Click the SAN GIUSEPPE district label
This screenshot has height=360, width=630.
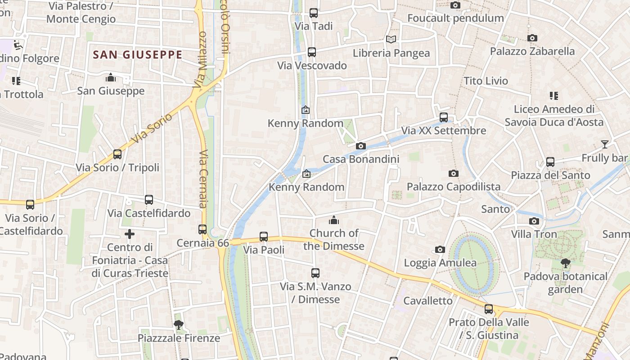pos(137,55)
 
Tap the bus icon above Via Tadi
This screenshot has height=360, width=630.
pos(314,13)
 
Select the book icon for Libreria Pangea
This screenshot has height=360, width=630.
pos(391,40)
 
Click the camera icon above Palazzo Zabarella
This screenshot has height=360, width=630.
pos(532,38)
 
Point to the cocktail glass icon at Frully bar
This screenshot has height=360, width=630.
pos(604,144)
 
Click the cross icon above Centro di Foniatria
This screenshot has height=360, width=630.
pos(130,234)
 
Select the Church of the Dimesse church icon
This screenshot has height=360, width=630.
pos(333,220)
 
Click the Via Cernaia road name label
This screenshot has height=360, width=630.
pos(202,179)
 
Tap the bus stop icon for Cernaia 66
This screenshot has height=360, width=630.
pos(202,229)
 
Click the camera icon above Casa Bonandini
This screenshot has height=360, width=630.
pos(360,146)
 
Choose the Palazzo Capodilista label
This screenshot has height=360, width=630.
pos(453,186)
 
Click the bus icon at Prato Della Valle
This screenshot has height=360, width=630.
pos(489,309)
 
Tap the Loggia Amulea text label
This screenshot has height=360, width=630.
pos(440,263)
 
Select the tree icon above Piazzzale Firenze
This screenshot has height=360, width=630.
pos(179,324)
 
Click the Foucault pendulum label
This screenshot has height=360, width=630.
pos(455,18)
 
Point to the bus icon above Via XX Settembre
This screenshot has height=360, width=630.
pos(444,117)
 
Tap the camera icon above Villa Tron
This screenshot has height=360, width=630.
pos(534,221)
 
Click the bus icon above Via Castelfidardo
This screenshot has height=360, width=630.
pos(149,200)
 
